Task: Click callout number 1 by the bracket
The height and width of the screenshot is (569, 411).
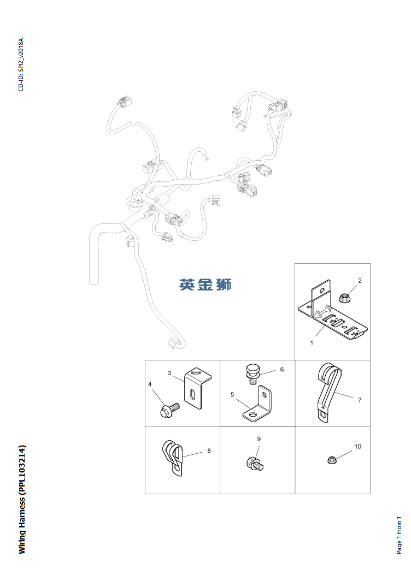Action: click(x=312, y=343)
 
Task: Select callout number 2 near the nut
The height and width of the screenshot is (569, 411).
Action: click(x=360, y=281)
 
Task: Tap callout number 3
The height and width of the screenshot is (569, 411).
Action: click(x=169, y=373)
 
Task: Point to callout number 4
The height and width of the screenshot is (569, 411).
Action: click(x=150, y=384)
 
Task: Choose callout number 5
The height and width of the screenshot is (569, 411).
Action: click(x=232, y=394)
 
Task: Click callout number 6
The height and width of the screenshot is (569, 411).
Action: click(x=282, y=370)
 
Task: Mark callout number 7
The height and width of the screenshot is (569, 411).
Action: click(x=360, y=400)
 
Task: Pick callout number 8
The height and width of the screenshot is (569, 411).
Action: click(x=209, y=451)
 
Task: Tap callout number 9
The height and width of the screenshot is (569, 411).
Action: click(x=259, y=439)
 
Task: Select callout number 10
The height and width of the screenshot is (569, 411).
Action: click(x=358, y=446)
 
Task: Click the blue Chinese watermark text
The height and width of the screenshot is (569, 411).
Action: click(x=205, y=284)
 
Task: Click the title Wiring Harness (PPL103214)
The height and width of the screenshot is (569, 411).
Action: click(x=22, y=500)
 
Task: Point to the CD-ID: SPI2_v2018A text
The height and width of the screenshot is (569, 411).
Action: click(x=21, y=64)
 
